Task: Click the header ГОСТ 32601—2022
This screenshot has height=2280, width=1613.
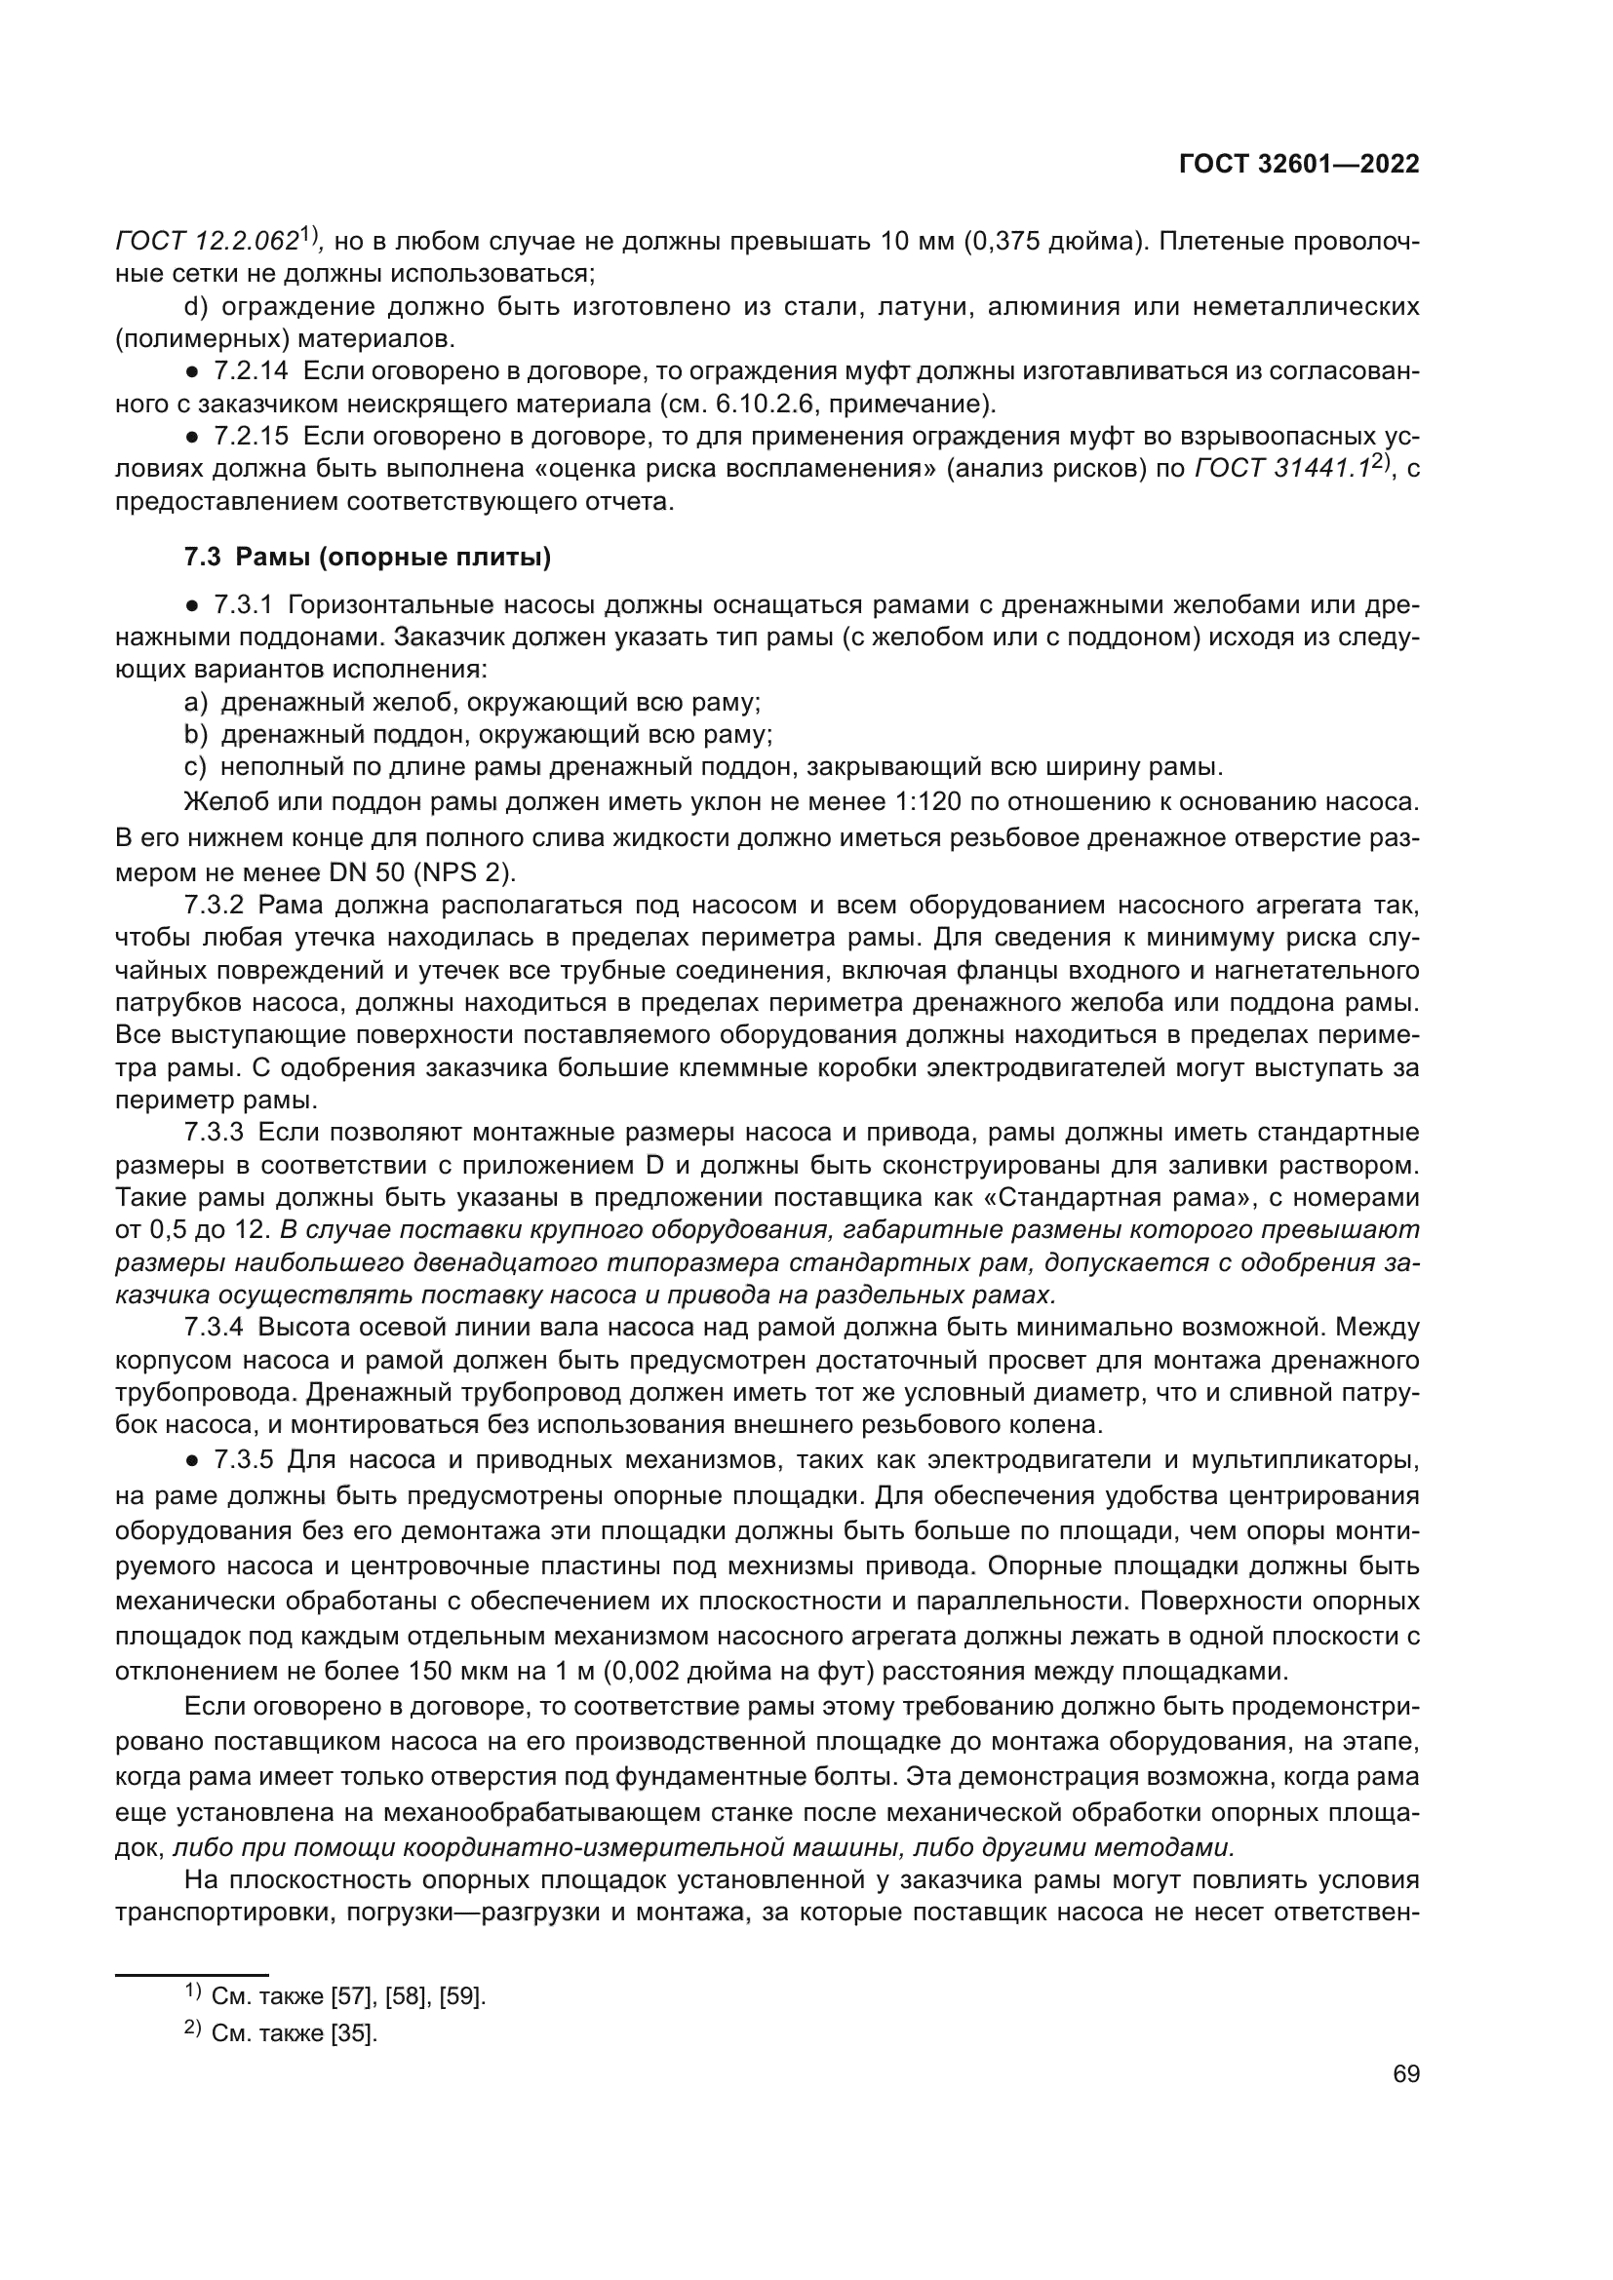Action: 1298,165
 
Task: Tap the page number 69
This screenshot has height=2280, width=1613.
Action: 1405,2073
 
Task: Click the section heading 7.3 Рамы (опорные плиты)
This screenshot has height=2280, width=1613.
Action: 368,558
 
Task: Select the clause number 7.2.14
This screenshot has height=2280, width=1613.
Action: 251,371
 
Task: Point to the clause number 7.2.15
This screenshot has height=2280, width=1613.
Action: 251,436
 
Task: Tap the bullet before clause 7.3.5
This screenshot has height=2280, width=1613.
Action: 194,1460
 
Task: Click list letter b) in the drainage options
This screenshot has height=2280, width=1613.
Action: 196,735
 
